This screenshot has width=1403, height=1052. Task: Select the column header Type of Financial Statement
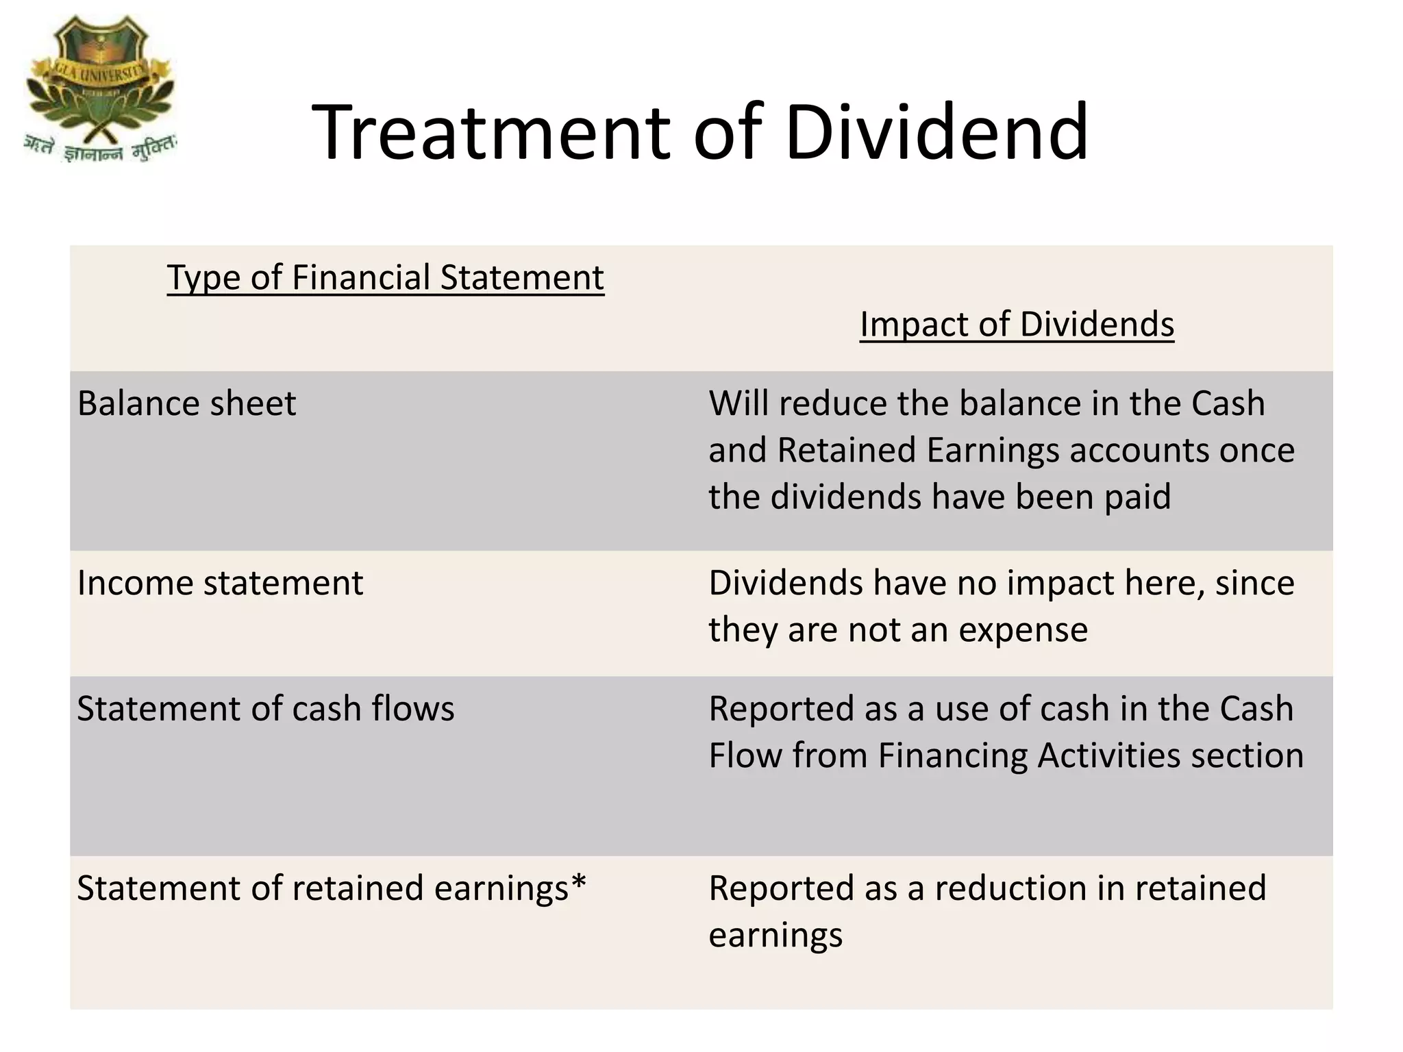click(x=385, y=278)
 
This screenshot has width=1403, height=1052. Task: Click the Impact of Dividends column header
click(x=1017, y=324)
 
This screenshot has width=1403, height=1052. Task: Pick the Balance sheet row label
click(x=186, y=403)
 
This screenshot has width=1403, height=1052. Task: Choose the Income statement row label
click(x=220, y=584)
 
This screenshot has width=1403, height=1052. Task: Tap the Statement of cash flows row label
click(x=265, y=709)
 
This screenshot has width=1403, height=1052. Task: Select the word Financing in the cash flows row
click(x=953, y=756)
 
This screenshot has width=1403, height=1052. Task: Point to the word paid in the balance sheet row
click(x=1138, y=497)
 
